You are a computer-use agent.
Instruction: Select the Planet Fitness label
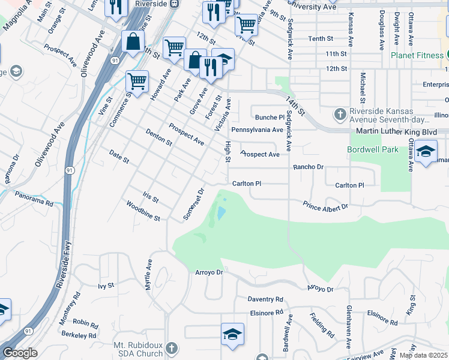(x=417, y=55)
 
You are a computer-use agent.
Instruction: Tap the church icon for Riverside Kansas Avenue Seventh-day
(x=340, y=113)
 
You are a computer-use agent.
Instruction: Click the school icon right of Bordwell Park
(x=426, y=152)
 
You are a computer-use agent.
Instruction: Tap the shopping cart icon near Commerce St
(x=137, y=81)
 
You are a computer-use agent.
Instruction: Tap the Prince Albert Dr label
(x=325, y=206)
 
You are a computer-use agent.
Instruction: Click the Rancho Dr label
(x=309, y=167)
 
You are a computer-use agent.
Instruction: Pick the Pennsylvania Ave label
(x=257, y=130)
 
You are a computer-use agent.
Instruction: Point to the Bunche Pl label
(x=269, y=118)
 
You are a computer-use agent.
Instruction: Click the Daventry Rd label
(x=265, y=299)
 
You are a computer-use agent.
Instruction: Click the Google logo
(x=20, y=353)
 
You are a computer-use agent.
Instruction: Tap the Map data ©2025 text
(x=423, y=355)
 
